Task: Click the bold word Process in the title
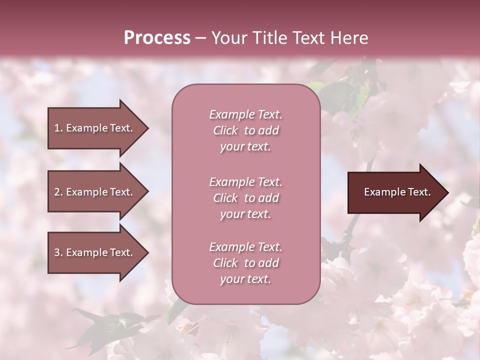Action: [x=157, y=38]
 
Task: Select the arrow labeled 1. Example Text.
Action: [x=95, y=128]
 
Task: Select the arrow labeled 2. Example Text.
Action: [x=95, y=192]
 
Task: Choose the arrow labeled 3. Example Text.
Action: [x=95, y=252]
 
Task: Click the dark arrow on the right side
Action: [x=395, y=192]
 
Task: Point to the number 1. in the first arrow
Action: [x=58, y=128]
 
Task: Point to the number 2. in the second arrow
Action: [x=58, y=192]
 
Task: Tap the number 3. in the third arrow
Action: [x=58, y=252]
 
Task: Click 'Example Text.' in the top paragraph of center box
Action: [x=245, y=114]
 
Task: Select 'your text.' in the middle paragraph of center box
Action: [x=245, y=214]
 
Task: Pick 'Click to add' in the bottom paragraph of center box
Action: [x=245, y=263]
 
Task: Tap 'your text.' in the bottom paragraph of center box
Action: [x=245, y=279]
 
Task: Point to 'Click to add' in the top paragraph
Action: [x=245, y=130]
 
